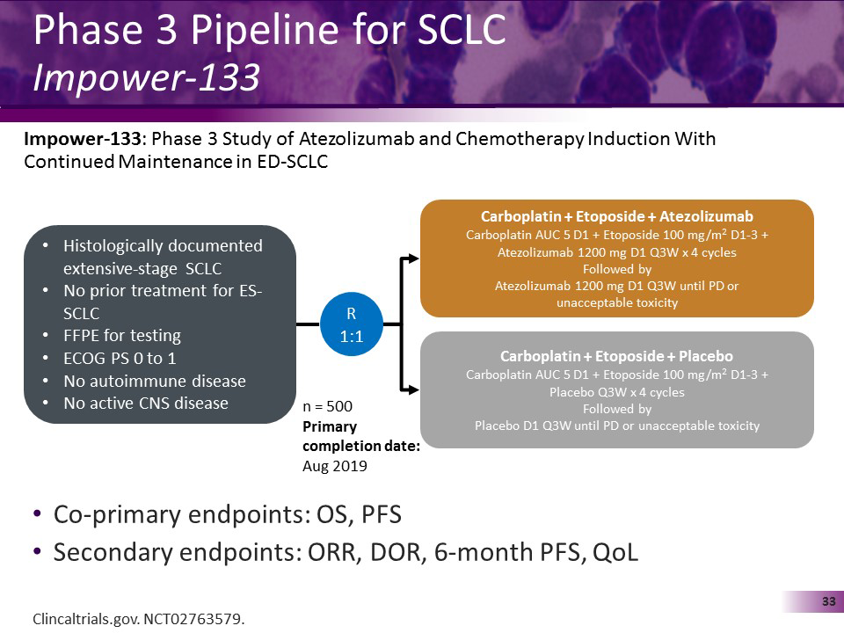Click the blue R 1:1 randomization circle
click(351, 324)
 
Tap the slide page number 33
click(827, 601)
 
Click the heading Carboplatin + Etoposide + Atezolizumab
click(616, 216)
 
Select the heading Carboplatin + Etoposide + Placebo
click(616, 356)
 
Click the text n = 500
click(328, 408)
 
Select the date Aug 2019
click(335, 466)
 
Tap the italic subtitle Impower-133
click(146, 79)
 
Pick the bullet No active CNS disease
click(146, 404)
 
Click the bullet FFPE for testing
click(122, 335)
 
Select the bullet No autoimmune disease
click(155, 381)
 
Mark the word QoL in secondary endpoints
click(615, 553)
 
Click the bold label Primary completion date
click(360, 437)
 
